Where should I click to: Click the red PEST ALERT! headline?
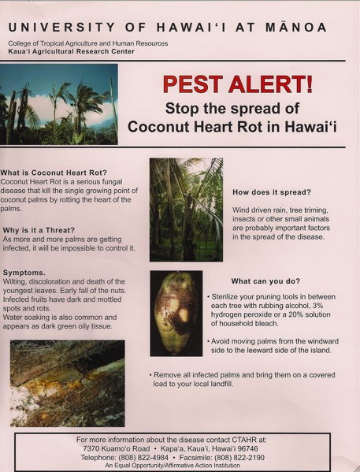coord(238,84)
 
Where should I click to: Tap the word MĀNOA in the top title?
coord(296,28)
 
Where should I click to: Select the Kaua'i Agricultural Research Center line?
coord(72,51)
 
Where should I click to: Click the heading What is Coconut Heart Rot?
coord(54,173)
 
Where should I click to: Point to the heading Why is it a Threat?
coord(39,230)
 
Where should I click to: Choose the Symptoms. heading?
coord(24,273)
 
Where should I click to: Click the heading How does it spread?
coord(272,192)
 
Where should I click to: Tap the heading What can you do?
coord(265,281)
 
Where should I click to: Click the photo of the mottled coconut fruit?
coord(176,314)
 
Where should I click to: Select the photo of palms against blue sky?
coord(59,104)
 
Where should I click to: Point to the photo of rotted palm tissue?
coord(68,383)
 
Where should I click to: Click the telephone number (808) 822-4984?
coord(143,458)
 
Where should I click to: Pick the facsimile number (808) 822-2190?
coord(239,458)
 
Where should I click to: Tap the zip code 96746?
coord(247,449)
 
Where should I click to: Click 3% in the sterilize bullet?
coord(317,306)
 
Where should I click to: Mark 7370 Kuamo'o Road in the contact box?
coord(116,449)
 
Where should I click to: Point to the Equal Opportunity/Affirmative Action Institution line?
coord(173,466)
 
